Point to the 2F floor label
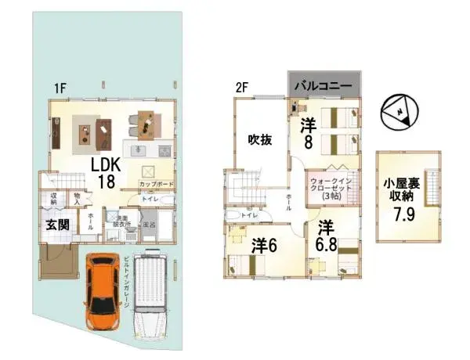tap(242, 88)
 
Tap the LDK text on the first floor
tap(108, 166)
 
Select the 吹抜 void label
tap(260, 139)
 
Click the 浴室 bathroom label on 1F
tap(148, 225)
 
